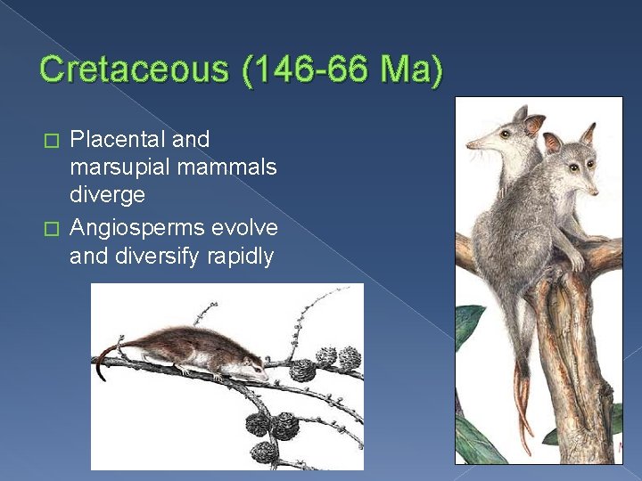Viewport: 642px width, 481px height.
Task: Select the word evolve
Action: pos(245,228)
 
